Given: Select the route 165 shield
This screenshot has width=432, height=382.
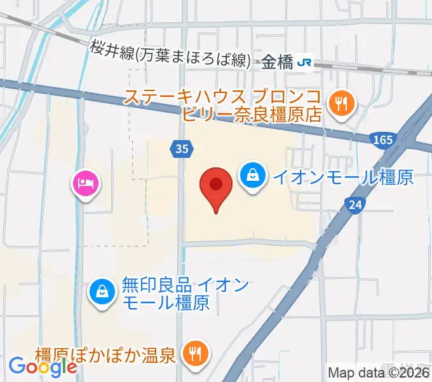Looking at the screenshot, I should pos(383,138).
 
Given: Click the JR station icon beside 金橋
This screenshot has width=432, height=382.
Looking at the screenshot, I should pos(306,62).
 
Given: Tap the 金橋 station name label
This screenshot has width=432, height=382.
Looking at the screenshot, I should pos(277,62).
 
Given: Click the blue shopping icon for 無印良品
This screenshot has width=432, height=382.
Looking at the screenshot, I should pos(102,292).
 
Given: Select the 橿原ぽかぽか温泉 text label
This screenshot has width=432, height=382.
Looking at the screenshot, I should pos(105,355).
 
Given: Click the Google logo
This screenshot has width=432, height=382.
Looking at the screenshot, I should pos(43,367).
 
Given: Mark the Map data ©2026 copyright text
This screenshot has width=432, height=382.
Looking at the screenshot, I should pos(379,373).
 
